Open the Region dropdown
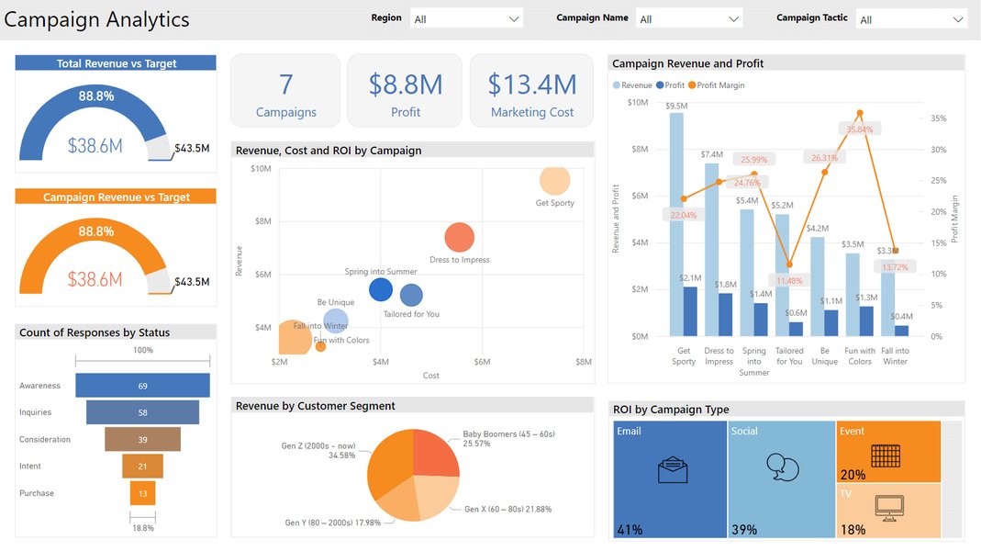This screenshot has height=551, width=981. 466,19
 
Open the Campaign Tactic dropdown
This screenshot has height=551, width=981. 910,19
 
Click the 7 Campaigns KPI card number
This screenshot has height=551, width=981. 285,84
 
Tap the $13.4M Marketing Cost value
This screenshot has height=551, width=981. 532,84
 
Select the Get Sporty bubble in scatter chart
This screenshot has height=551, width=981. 554,181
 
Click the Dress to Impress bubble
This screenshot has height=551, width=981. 459,238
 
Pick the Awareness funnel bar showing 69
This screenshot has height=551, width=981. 142,386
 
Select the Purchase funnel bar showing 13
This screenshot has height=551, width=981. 142,493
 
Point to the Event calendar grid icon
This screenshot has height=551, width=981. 885,455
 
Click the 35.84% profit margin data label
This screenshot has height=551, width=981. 859,129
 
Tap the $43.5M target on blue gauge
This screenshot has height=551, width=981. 192,148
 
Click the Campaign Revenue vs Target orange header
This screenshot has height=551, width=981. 116,197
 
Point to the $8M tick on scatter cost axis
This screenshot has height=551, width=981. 583,363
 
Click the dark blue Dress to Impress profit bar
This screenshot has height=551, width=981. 725,314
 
